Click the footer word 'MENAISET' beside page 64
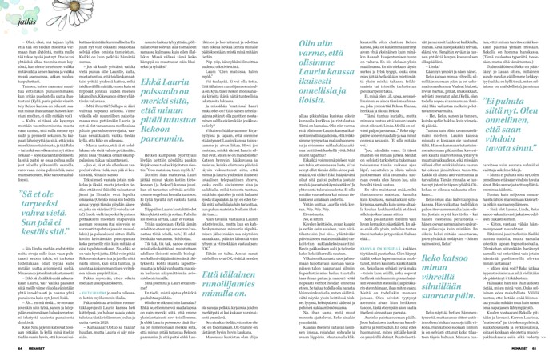pyautogui.click(x=42, y=350)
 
